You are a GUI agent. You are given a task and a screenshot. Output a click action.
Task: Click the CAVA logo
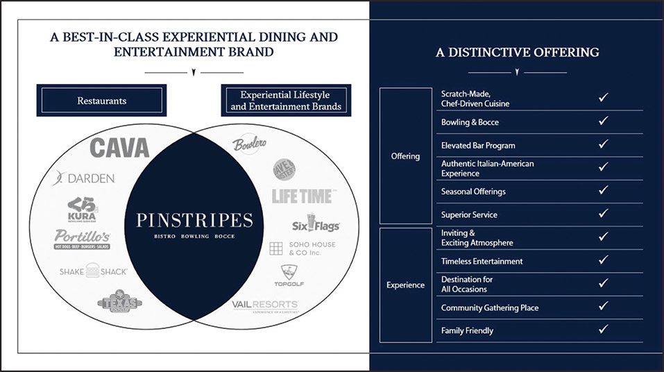(119, 148)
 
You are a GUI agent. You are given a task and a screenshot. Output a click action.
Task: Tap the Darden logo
(83, 178)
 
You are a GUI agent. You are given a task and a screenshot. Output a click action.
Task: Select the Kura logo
(82, 209)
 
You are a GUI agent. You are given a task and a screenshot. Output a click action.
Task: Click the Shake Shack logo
(93, 271)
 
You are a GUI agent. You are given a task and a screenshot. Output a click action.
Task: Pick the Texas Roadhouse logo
(120, 302)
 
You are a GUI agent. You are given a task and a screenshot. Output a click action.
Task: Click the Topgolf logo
(288, 276)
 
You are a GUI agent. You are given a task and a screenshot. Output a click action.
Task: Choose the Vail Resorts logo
(265, 306)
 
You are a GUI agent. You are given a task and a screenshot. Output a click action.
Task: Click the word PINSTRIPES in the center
(194, 220)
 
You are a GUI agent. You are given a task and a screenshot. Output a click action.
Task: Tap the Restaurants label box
(102, 101)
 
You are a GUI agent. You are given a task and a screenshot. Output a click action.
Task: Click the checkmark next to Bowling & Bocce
(603, 121)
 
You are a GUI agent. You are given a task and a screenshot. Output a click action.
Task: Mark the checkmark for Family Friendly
(603, 330)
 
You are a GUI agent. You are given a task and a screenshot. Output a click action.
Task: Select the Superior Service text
(469, 214)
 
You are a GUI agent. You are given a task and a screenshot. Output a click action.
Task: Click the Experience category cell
(406, 285)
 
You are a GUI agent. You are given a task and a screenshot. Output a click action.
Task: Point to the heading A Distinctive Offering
(518, 52)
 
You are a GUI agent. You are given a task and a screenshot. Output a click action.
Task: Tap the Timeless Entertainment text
(482, 261)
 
